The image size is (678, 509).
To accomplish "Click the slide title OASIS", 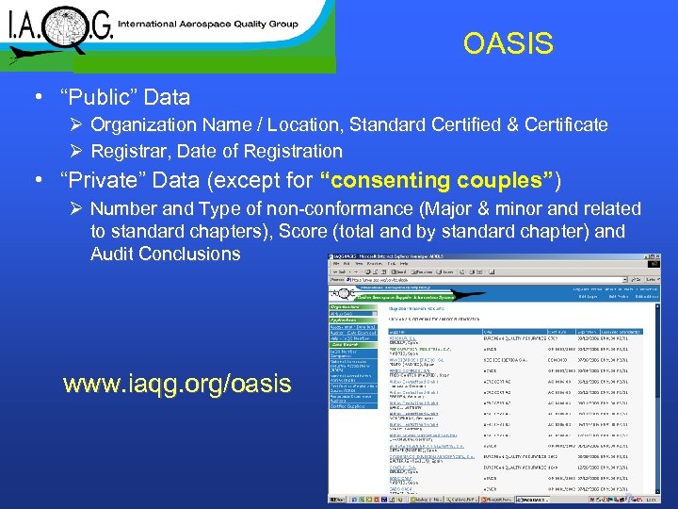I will tap(508, 44).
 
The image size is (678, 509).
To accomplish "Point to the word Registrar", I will tap(134, 151).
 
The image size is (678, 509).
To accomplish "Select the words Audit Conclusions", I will tap(166, 254).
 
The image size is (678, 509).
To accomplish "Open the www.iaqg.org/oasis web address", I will tap(177, 385).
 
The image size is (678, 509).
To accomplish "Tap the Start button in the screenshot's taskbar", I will tap(338, 502).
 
